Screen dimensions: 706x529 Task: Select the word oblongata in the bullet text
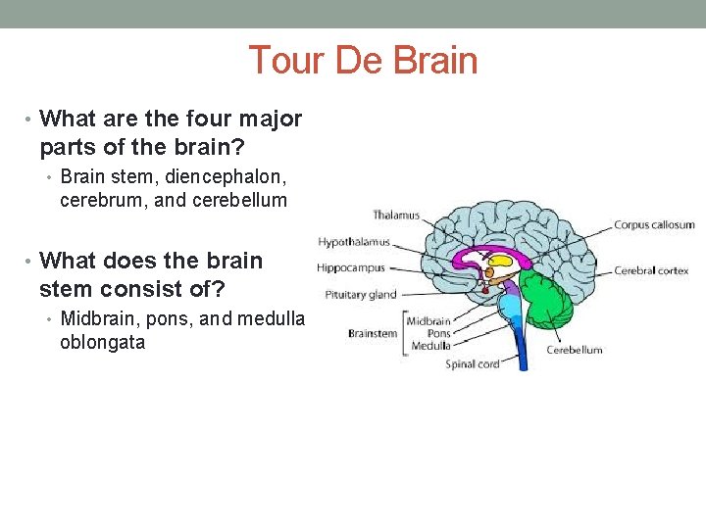(102, 343)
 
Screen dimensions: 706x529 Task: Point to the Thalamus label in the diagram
(395, 216)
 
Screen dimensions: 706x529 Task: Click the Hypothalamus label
(353, 242)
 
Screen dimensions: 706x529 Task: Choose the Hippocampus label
(351, 267)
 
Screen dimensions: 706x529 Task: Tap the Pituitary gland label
(361, 294)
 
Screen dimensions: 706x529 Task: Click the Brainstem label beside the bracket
(373, 333)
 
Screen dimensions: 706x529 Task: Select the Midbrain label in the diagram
(429, 321)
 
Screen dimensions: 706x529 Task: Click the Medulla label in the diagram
(431, 346)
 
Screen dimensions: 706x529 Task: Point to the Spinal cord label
(473, 364)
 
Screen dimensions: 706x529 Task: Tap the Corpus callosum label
(654, 224)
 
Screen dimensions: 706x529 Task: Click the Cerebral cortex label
(651, 271)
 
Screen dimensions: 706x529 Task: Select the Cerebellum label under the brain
(575, 350)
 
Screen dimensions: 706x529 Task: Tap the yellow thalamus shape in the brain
(503, 262)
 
